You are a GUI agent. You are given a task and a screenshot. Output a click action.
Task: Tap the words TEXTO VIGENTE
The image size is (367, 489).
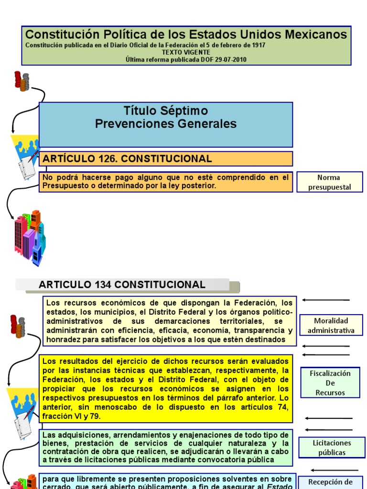[x=185, y=53]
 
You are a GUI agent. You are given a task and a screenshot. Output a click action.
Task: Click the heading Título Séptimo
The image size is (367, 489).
[x=166, y=111]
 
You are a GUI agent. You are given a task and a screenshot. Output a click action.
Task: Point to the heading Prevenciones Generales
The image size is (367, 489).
[x=166, y=124]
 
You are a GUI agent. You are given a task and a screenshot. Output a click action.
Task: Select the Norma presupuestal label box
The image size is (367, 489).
[x=330, y=182]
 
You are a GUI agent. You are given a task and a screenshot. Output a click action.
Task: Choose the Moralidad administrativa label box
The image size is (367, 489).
[x=331, y=325]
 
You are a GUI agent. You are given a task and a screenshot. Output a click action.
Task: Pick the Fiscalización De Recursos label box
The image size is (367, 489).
[x=330, y=383]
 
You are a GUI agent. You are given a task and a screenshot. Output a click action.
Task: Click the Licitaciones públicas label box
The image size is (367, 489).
[x=332, y=447]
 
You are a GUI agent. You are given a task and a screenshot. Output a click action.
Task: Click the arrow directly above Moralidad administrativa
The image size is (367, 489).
[x=326, y=300]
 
